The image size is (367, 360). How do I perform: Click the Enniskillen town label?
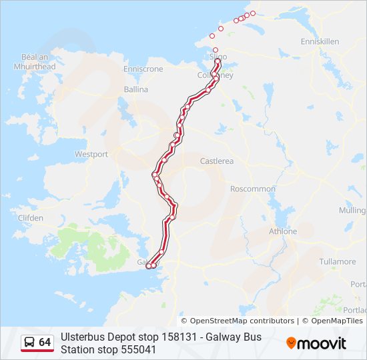320,41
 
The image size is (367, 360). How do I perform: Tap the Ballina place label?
136,89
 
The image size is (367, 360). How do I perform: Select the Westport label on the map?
91,154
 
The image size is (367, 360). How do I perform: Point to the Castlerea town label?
217,161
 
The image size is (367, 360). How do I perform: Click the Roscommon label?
252,189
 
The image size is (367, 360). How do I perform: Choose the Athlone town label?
282,231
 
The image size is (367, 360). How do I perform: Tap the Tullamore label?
337,261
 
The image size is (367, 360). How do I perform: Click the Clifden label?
31,218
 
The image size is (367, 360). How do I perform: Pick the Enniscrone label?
143,69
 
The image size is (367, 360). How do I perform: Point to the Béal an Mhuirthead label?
34,62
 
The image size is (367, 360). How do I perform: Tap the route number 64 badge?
45,342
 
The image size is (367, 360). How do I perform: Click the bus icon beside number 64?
30,342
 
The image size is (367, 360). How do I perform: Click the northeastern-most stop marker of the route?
253,13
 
